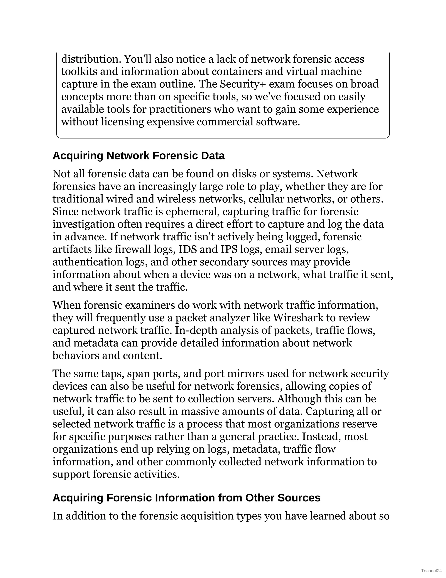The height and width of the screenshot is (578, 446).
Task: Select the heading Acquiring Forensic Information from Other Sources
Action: tap(186, 498)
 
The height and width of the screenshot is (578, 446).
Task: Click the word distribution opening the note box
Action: tap(91, 59)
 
